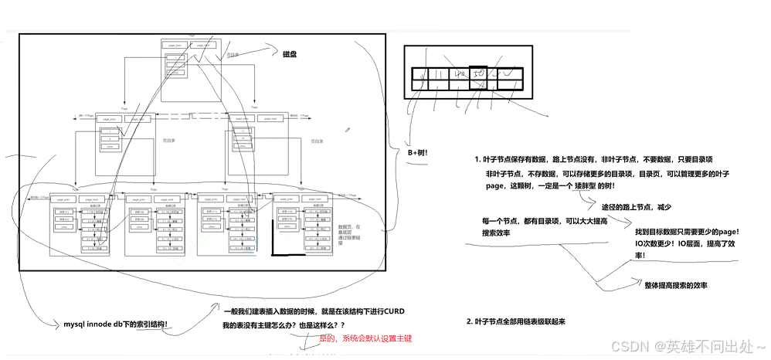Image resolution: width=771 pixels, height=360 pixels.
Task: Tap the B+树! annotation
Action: pos(417,153)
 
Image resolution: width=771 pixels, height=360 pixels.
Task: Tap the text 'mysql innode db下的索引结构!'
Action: pos(116,323)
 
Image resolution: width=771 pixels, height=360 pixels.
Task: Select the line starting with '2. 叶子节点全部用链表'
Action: pos(515,321)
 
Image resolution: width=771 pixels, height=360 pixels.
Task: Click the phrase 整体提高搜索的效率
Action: pos(676,285)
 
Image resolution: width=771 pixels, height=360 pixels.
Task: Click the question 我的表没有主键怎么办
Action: pos(283,327)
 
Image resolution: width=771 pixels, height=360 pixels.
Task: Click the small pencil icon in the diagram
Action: pos(348,129)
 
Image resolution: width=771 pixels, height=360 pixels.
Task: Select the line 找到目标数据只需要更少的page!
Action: pos(688,231)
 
